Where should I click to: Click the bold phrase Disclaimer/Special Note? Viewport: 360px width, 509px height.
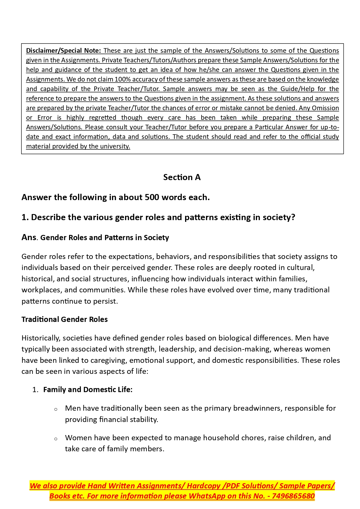(x=63, y=51)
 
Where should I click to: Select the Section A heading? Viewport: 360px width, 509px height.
(x=182, y=177)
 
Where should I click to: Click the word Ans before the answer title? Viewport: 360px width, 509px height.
(x=29, y=238)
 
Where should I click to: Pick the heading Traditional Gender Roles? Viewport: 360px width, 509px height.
(x=64, y=320)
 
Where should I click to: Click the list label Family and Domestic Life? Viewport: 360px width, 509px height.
(x=88, y=390)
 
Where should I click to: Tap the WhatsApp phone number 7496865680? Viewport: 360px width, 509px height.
(x=293, y=496)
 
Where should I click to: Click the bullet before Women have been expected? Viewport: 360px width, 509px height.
(x=56, y=439)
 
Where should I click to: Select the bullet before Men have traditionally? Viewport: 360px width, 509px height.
(x=56, y=409)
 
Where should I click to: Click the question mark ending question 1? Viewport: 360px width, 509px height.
(x=293, y=218)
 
